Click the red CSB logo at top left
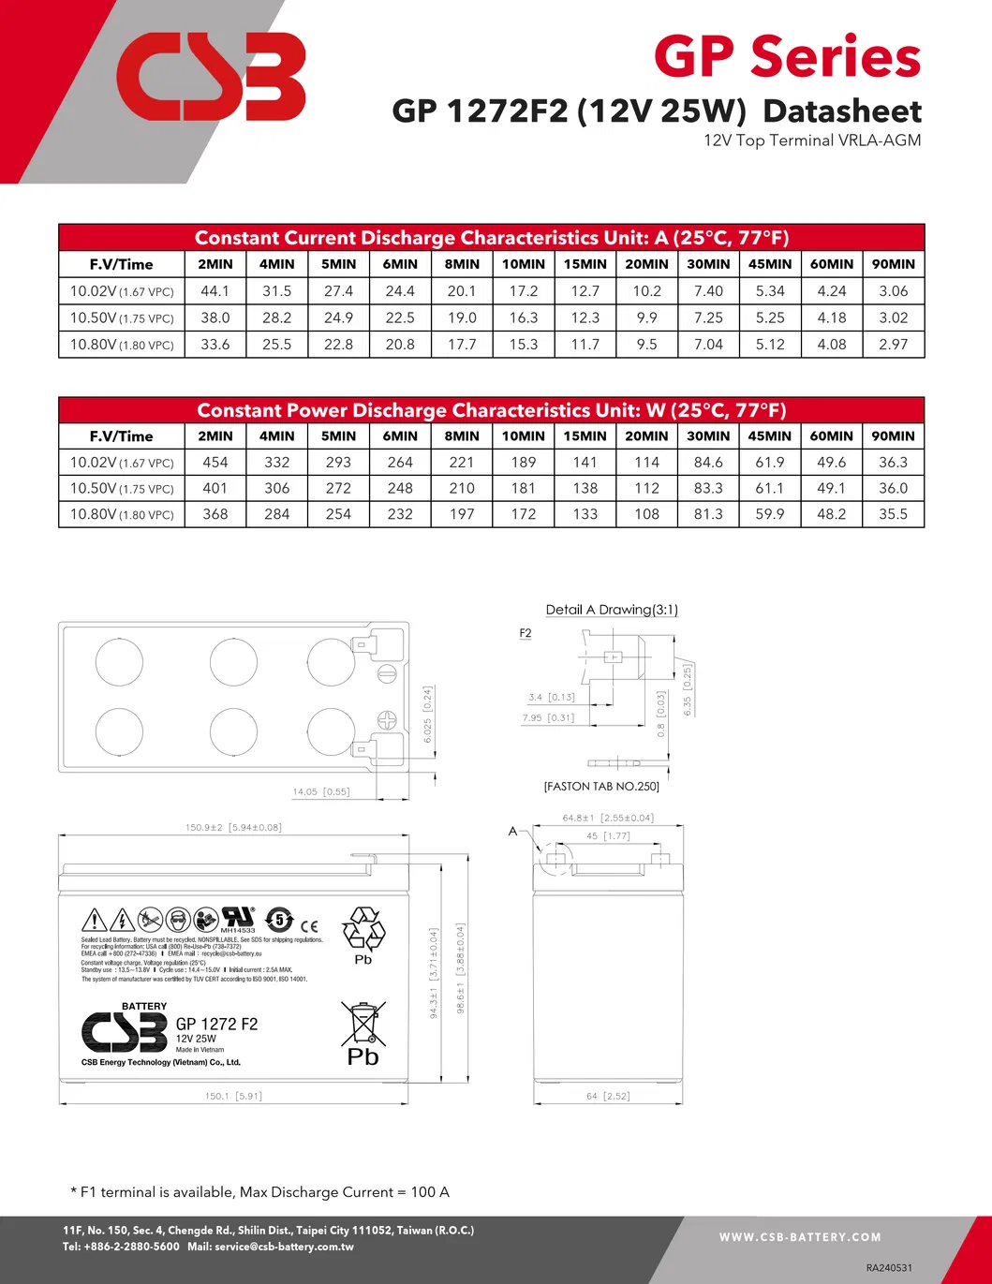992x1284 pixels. point(211,77)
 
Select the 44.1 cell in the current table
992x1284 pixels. point(215,291)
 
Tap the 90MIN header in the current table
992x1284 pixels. point(893,264)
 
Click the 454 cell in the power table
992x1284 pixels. point(215,462)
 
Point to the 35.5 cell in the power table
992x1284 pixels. point(893,514)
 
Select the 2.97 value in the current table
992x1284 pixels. point(893,345)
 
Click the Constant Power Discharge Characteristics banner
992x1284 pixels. point(491,410)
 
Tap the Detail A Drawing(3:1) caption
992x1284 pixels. point(612,610)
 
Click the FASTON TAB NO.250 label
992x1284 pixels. point(601,787)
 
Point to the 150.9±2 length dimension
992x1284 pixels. point(233,827)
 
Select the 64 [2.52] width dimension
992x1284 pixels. point(607,1096)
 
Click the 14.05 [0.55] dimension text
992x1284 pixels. point(320,791)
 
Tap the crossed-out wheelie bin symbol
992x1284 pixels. point(363,1023)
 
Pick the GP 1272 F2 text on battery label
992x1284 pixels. point(216,1024)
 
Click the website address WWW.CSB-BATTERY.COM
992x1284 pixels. point(800,1237)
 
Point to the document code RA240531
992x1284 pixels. point(889,1267)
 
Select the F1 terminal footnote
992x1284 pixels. point(260,1192)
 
